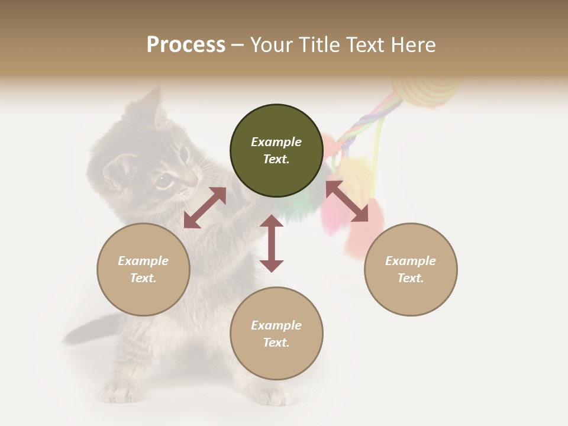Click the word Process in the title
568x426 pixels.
tap(186, 45)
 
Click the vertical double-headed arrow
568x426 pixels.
tap(272, 243)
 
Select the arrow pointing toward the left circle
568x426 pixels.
tap(205, 208)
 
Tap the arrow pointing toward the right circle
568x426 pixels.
tap(347, 201)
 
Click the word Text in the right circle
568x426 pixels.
tap(411, 278)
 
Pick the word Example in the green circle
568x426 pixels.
tap(276, 142)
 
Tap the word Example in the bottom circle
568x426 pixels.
tap(276, 325)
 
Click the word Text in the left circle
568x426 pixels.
tap(143, 278)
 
